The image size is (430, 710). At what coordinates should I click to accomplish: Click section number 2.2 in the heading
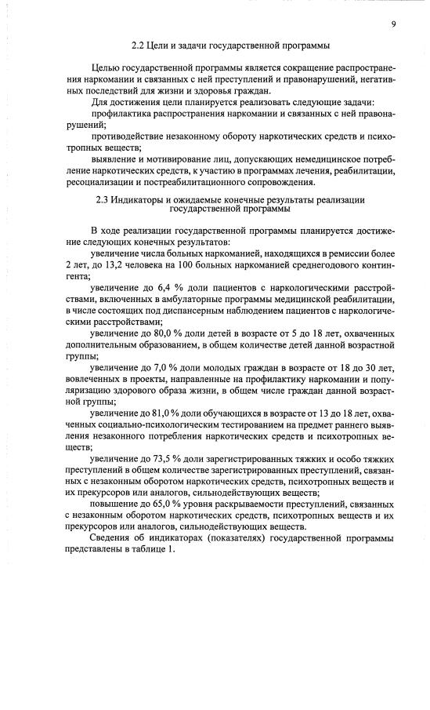[139, 46]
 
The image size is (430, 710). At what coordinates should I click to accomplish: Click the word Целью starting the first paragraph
[107, 71]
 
